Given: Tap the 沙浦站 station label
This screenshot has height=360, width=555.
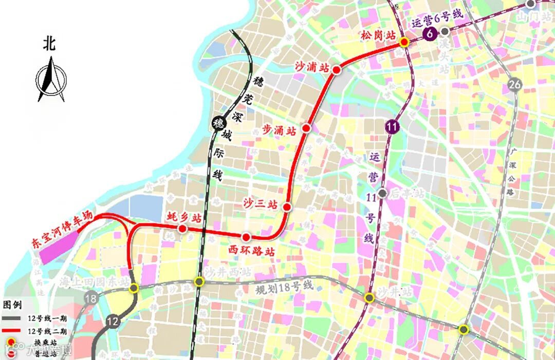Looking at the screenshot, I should pyautogui.click(x=311, y=66).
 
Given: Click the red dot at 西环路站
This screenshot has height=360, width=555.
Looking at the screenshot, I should pyautogui.click(x=246, y=237).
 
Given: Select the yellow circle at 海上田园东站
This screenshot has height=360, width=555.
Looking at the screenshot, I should pyautogui.click(x=134, y=288).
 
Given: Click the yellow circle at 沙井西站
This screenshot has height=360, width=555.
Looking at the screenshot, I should pyautogui.click(x=199, y=281).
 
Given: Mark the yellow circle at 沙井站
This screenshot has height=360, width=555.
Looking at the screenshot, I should pyautogui.click(x=369, y=298).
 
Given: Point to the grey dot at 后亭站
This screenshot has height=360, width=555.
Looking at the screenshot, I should pyautogui.click(x=382, y=193).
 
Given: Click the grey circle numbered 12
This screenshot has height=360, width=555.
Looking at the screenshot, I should pyautogui.click(x=113, y=321).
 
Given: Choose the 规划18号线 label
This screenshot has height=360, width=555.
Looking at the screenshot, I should pyautogui.click(x=284, y=288).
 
